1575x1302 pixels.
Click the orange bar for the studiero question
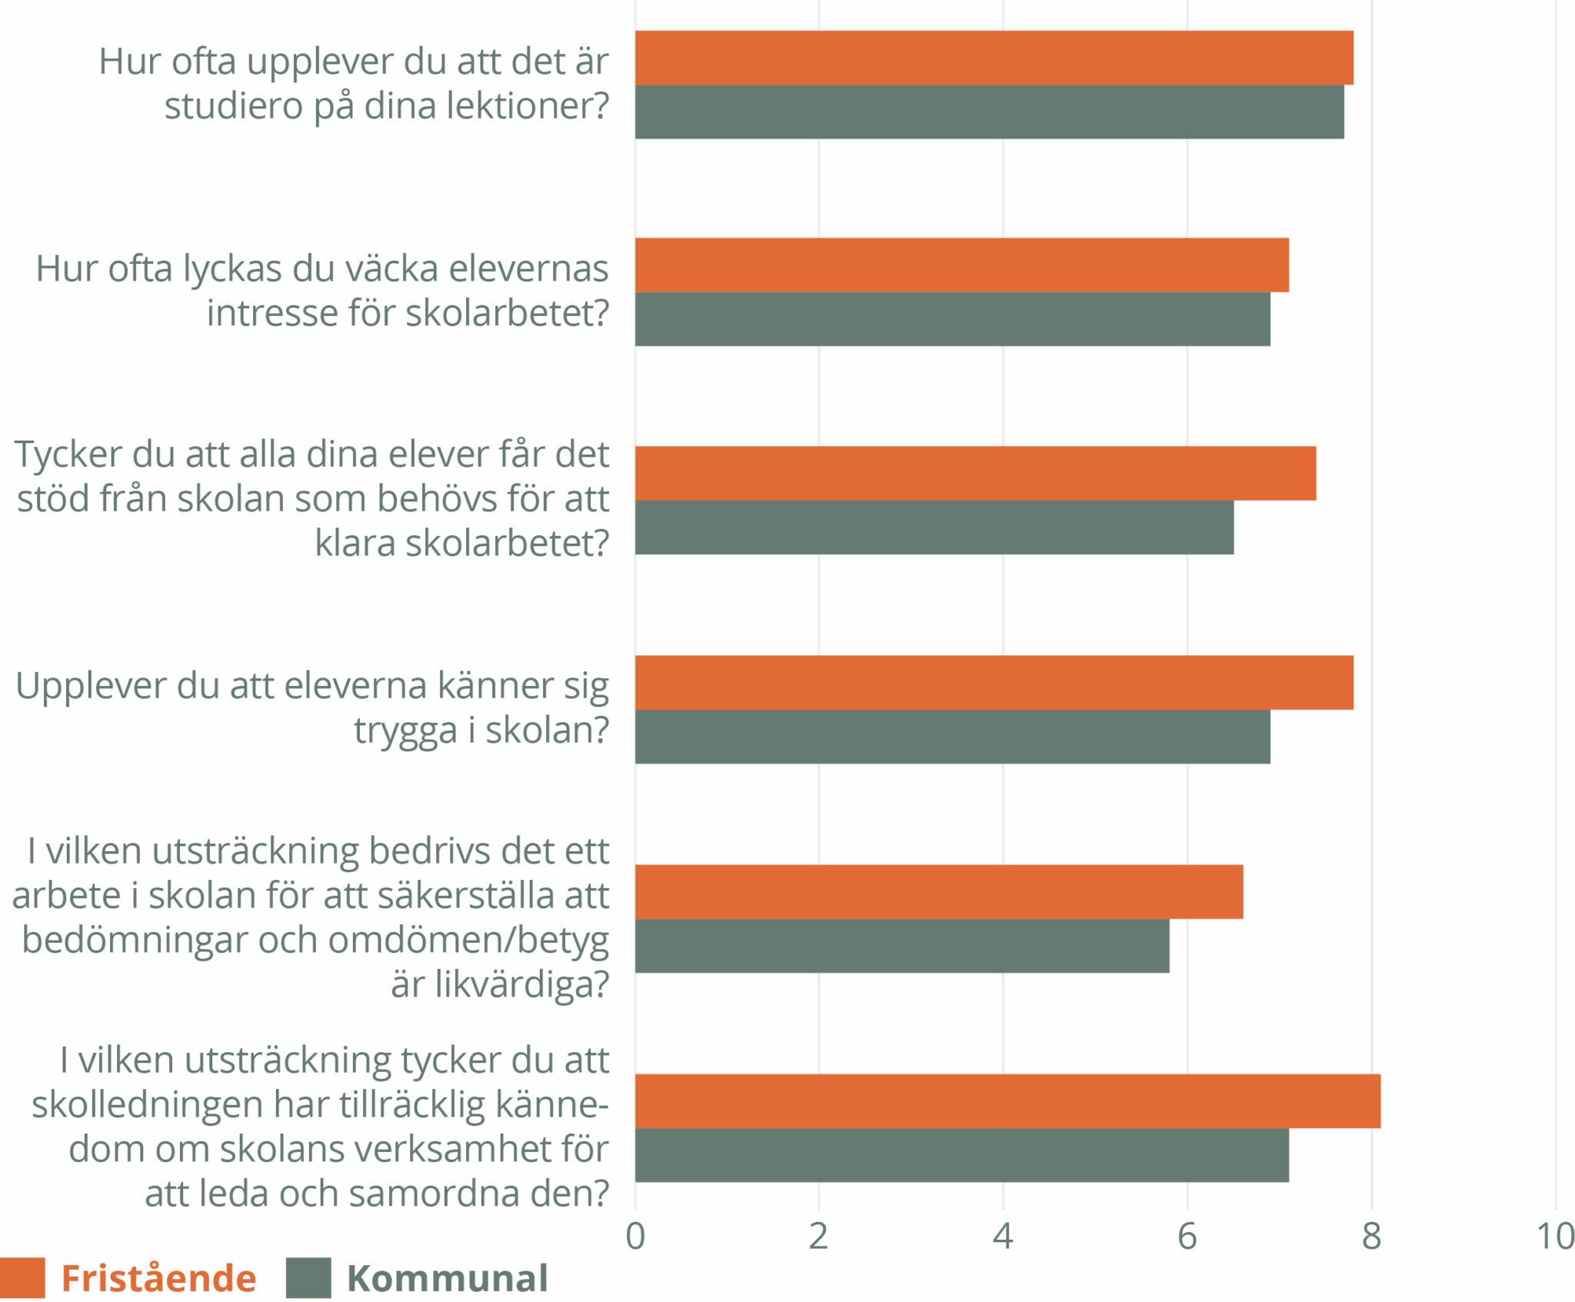pos(994,58)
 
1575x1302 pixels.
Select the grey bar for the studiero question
pos(989,112)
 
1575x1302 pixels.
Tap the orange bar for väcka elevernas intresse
pos(961,265)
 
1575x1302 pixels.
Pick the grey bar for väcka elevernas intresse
pos(952,319)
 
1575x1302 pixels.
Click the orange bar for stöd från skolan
pos(975,473)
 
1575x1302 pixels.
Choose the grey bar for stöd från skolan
pos(934,528)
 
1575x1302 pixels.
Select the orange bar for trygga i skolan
pos(994,682)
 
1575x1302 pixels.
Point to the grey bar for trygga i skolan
pos(952,737)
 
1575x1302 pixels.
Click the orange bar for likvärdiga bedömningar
pos(939,891)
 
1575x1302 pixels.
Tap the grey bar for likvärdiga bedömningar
pos(902,946)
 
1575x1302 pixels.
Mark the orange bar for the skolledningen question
pos(1007,1101)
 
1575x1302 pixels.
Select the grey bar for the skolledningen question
pos(961,1155)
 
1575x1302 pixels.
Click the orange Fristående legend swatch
pos(22,1278)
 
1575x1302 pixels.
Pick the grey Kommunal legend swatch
pos(308,1278)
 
